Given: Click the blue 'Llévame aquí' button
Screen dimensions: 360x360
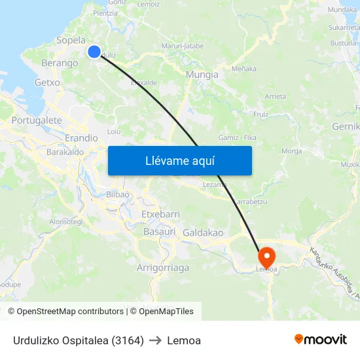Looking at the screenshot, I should [x=180, y=160].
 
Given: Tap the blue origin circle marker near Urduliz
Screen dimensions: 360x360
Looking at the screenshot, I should [x=94, y=52].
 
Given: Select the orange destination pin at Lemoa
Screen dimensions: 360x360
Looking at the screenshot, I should [x=267, y=256].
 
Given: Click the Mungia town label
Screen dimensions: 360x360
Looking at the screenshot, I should [x=202, y=75].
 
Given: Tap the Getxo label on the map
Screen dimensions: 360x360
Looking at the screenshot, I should [x=47, y=83].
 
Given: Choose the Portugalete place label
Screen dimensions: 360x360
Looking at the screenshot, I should [x=37, y=120].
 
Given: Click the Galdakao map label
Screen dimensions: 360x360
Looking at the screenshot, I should [x=203, y=233].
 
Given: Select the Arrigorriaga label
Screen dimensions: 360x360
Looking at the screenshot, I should [x=163, y=268].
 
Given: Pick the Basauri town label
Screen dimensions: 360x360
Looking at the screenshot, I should [x=159, y=232].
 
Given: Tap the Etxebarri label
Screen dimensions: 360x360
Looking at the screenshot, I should [x=160, y=215].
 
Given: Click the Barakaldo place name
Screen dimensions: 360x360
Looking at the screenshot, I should [x=65, y=152].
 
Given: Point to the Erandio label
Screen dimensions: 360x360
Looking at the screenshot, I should [x=81, y=138].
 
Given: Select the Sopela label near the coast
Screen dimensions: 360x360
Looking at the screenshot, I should [x=71, y=41].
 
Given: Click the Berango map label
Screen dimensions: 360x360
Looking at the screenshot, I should [x=60, y=63].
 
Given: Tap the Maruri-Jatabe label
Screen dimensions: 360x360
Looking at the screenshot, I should [x=183, y=46].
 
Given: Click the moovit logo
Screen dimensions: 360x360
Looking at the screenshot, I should [x=321, y=340].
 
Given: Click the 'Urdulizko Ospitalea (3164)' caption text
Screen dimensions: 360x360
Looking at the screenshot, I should [x=79, y=340].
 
